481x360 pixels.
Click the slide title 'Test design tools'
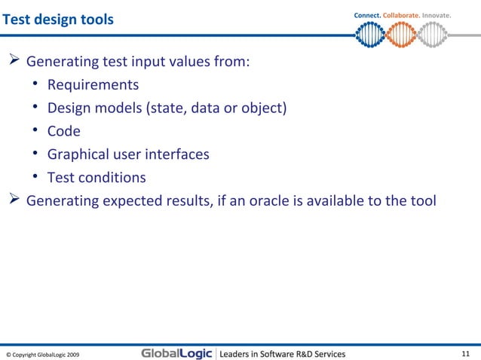pos(58,19)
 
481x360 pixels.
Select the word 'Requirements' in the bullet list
pos(93,84)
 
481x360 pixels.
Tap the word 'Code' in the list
pos(63,131)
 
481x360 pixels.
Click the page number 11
pos(465,353)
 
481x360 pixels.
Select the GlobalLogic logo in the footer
pos(176,353)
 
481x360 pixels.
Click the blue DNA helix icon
pos(369,33)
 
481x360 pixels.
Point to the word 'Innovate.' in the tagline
pos(437,15)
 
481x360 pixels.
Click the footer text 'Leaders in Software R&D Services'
pos(282,353)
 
